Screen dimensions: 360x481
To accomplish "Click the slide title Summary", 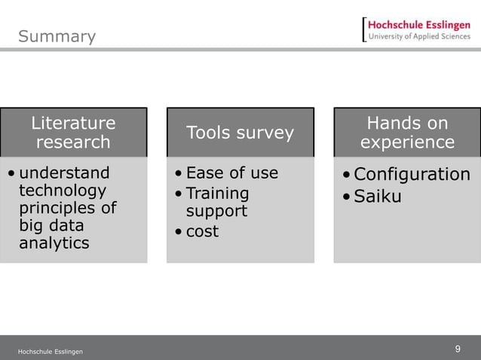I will click(x=57, y=36).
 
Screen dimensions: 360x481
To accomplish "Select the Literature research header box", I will click(x=73, y=133).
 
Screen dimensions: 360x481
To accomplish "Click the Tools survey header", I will click(x=240, y=133).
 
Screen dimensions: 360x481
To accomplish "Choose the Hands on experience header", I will click(x=407, y=133).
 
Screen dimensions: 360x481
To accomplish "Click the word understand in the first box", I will click(x=64, y=173).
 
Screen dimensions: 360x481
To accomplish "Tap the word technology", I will click(x=63, y=191).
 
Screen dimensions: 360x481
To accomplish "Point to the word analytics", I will click(x=54, y=243).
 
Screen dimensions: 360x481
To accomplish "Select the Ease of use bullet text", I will click(x=231, y=173).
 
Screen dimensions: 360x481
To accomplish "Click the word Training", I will click(x=217, y=193).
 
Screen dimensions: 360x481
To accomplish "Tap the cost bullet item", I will click(x=202, y=231).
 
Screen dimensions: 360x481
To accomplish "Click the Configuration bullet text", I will click(x=412, y=175).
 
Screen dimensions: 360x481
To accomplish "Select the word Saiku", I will click(x=378, y=197).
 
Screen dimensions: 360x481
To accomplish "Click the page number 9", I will click(x=458, y=349).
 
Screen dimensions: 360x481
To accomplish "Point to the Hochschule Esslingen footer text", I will click(x=51, y=352).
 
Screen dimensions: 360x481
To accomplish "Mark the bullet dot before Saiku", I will click(x=345, y=198).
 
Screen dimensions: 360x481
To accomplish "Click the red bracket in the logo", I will click(x=364, y=30).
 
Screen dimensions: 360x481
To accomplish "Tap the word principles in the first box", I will click(x=67, y=208).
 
